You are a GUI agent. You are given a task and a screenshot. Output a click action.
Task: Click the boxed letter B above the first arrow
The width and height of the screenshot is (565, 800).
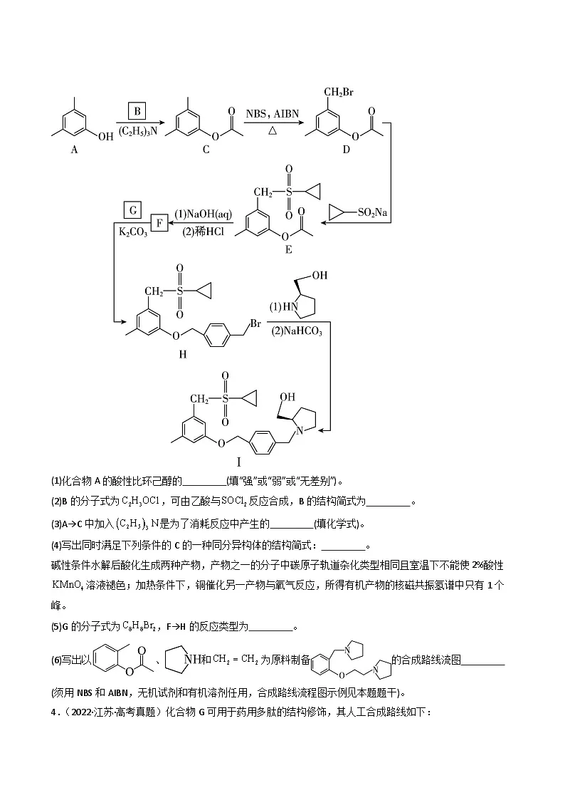coord(137,111)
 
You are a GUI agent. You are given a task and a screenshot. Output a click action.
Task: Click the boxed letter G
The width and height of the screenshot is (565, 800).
coord(132,210)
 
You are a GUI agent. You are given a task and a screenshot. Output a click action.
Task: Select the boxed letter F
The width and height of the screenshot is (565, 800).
coord(159,224)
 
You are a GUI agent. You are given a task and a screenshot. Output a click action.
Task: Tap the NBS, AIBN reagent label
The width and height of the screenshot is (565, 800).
coord(272,114)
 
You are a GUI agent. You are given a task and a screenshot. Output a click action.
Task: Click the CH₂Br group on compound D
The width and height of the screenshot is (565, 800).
coord(338,93)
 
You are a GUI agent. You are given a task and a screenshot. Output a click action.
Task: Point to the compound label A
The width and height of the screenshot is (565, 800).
coord(75,150)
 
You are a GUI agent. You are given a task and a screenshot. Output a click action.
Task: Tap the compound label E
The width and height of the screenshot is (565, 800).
coord(289,249)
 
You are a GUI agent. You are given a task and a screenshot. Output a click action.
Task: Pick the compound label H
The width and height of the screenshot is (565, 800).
coord(183,354)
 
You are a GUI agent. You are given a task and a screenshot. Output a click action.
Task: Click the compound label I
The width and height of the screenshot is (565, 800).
coord(238,462)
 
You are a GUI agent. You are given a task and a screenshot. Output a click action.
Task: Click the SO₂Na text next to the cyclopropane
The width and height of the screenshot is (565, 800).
coord(372,212)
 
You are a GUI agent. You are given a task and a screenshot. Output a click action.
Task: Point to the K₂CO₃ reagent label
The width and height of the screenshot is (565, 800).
coord(133,232)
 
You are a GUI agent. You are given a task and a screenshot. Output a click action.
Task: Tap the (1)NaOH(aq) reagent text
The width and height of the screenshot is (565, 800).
coord(203,214)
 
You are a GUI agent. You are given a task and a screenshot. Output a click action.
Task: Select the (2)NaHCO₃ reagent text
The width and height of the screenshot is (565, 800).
coord(297,331)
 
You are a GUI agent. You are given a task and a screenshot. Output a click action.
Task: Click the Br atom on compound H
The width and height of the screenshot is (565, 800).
coord(255,323)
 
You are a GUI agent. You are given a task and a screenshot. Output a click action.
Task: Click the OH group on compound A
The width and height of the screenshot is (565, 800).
coord(105,137)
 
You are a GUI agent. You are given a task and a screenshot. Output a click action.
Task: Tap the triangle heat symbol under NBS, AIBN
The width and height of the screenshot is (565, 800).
coord(273,130)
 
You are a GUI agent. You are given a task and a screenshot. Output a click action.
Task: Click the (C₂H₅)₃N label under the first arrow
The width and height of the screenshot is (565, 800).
coord(138,132)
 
